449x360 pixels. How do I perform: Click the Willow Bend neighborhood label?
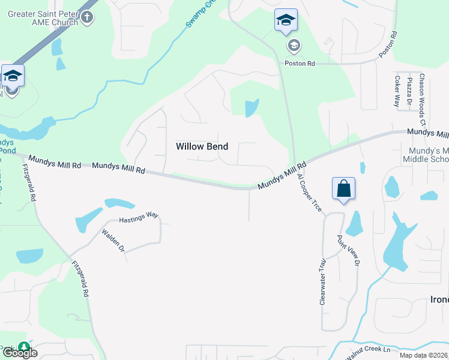(x=202, y=146)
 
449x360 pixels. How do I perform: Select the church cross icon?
(x=88, y=16)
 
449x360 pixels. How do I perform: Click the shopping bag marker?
(x=343, y=188)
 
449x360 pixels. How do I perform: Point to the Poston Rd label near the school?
(x=300, y=63)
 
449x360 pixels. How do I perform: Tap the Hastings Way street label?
(x=138, y=220)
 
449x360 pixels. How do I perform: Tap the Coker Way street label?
(x=397, y=91)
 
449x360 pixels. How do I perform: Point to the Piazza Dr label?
(x=409, y=91)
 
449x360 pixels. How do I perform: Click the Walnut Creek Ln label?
(x=369, y=349)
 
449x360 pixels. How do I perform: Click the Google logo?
(x=19, y=353)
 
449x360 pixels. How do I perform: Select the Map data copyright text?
(x=424, y=355)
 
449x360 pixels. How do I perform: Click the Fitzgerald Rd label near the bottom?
(x=80, y=278)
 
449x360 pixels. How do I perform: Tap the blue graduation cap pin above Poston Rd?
(x=286, y=22)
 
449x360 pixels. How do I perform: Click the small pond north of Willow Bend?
(x=252, y=108)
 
